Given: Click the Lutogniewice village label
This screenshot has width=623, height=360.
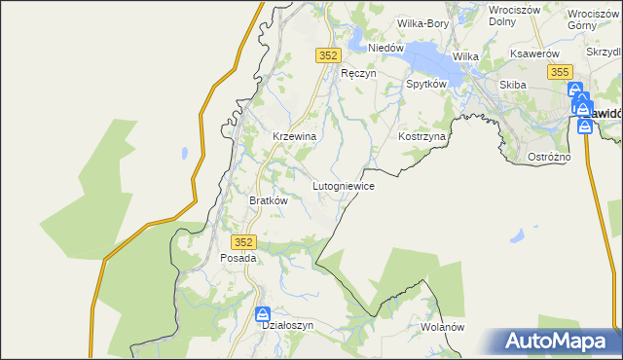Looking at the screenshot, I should point(343,185).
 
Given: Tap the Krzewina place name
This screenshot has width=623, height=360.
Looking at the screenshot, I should point(294,137).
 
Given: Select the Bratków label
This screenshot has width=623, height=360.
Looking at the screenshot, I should point(270,200).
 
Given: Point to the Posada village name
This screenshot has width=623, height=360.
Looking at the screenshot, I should point(238,259).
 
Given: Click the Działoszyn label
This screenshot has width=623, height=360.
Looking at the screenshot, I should point(288,326).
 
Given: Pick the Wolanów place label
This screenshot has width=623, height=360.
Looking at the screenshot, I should point(443,327).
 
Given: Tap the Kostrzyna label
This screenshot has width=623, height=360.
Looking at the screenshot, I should point(421,137).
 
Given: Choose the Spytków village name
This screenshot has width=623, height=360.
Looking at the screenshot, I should point(425,85).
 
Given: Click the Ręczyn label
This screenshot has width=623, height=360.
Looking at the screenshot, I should point(358,73).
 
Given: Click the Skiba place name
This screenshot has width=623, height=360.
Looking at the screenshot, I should point(512,85).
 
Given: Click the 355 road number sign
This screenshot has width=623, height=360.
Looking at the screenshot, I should point(559,73).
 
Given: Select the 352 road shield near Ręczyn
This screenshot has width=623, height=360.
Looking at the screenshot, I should point(327,56).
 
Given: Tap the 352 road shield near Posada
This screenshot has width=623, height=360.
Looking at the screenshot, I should point(244,241).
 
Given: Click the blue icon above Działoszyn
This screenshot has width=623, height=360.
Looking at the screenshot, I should point(262,314).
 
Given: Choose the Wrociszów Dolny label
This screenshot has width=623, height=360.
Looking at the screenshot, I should point(515,15).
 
